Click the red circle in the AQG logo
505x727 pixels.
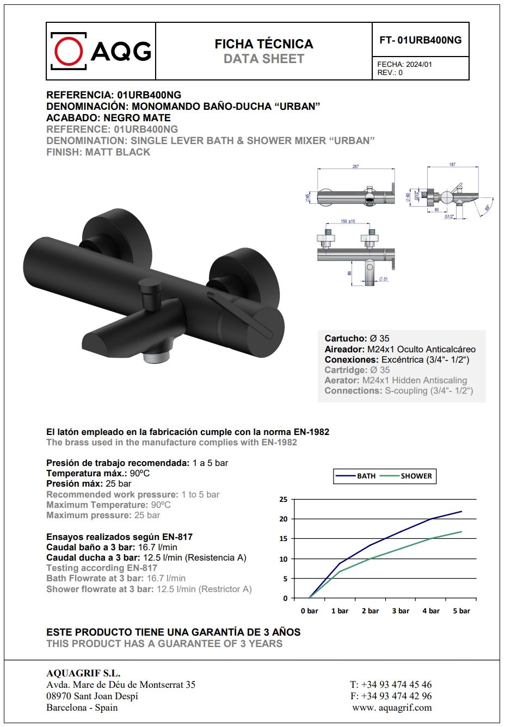tap(69, 51)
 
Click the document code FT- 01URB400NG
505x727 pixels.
tap(420, 40)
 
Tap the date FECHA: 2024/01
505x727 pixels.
tap(404, 64)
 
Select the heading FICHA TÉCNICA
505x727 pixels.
tap(264, 44)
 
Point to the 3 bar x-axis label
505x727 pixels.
tap(401, 611)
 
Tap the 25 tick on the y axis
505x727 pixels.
tap(283, 499)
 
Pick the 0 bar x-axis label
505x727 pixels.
tap(309, 611)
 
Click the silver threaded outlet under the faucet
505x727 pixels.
tap(157, 357)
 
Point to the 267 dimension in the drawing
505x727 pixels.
tap(355, 166)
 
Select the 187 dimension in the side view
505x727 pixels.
tap(452, 164)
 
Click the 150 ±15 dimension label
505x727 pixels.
tap(348, 221)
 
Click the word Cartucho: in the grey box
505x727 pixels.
tap(346, 338)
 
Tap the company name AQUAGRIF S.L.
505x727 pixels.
tap(83, 673)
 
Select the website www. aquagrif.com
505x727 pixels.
tap(392, 707)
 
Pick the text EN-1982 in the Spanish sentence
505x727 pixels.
tap(311, 432)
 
